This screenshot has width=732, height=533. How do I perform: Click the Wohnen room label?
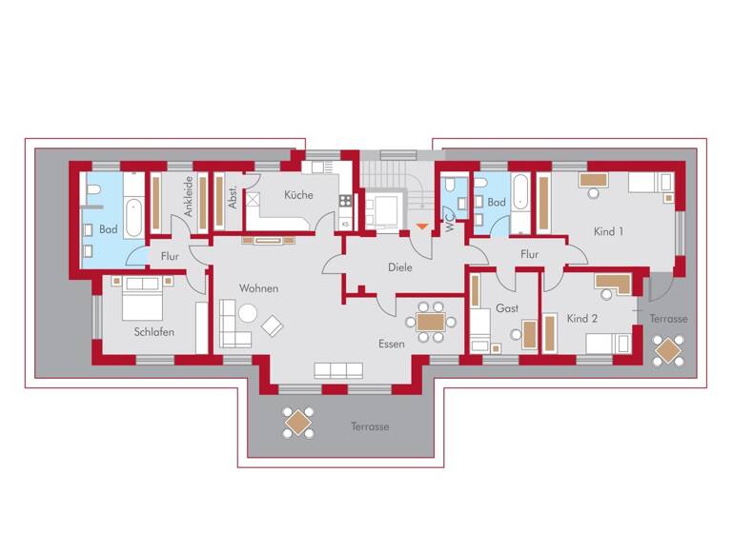pyautogui.click(x=259, y=288)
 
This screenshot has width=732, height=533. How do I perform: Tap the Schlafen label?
pyautogui.click(x=153, y=332)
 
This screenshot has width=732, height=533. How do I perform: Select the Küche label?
pyautogui.click(x=298, y=195)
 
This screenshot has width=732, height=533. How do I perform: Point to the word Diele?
pyautogui.click(x=401, y=267)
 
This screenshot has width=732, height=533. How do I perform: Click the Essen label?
pyautogui.click(x=391, y=344)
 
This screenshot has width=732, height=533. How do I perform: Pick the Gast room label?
pyautogui.click(x=506, y=308)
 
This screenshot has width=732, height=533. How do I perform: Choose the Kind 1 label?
pyautogui.click(x=608, y=231)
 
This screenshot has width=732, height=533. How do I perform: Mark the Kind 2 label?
pyautogui.click(x=581, y=318)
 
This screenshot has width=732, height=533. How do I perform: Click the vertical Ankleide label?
pyautogui.click(x=190, y=197)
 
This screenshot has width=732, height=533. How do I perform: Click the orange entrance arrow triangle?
pyautogui.click(x=422, y=227)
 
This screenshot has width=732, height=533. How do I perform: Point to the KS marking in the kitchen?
pyautogui.click(x=345, y=224)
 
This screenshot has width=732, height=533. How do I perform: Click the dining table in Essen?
pyautogui.click(x=431, y=321)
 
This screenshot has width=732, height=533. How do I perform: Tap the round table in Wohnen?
pyautogui.click(x=248, y=312)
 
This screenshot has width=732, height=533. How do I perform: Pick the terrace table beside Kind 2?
pyautogui.click(x=668, y=351)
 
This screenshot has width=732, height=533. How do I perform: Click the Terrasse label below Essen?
pyautogui.click(x=369, y=426)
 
